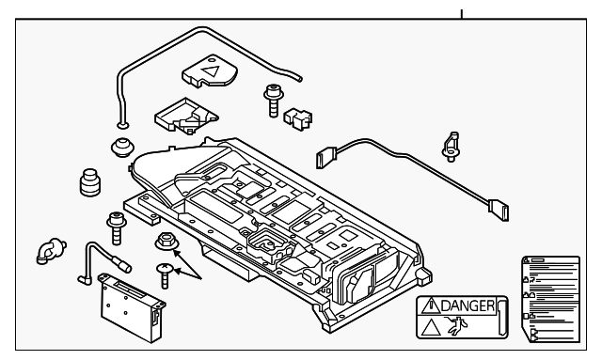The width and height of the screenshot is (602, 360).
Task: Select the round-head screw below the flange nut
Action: (165, 274)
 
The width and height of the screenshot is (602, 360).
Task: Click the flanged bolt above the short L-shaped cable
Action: (116, 227)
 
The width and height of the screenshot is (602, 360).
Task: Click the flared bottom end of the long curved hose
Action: (121, 123)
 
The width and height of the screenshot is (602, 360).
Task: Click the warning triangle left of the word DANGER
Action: (430, 305)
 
